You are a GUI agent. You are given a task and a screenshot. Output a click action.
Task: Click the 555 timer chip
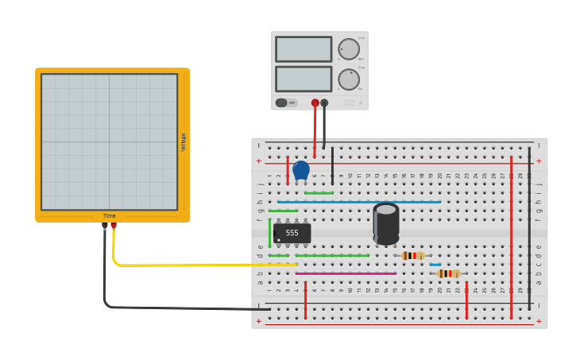pos(292,233)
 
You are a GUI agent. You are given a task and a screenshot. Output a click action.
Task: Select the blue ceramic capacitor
pos(301,170)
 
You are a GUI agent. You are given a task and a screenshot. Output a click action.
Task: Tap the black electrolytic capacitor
pos(386,223)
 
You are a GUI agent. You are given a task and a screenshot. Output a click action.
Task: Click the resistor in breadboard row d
pos(412,255)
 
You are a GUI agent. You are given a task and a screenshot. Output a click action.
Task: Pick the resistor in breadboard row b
pos(448,273)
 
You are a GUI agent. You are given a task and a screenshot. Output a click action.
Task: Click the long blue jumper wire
pos(358,202)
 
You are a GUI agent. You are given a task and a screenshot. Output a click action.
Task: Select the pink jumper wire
pos(346,273)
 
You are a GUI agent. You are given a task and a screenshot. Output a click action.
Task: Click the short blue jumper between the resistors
pos(435,265)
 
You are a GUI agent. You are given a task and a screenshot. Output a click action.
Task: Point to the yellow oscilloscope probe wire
pos(199,265)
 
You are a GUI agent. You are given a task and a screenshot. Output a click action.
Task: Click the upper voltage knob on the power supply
pos(349,48)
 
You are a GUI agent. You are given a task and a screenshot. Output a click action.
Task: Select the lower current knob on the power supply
pos(349,79)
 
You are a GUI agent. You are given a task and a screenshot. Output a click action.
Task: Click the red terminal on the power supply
pos(315,103)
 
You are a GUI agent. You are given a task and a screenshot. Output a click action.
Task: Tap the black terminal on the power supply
pos(324,103)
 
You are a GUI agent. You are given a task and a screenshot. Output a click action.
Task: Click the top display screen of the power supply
pos(303,49)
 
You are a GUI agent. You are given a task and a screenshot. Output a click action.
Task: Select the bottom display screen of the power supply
pos(303,79)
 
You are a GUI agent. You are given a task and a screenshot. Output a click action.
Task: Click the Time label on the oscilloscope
pos(109,216)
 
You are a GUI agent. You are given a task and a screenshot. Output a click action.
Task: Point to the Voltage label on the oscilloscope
pos(184,143)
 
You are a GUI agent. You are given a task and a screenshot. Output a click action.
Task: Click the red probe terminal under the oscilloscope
pos(114,226)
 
